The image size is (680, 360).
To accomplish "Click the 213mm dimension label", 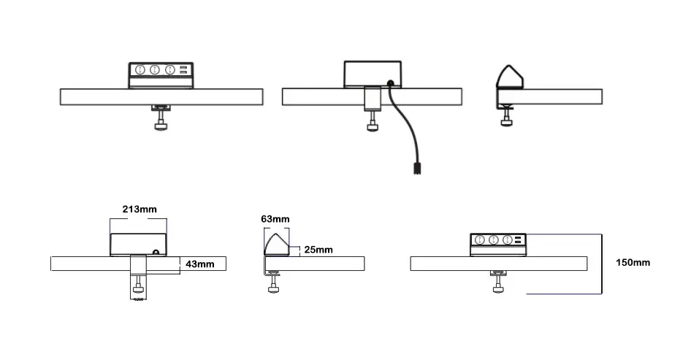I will [139, 210].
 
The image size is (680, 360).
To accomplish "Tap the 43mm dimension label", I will [199, 264].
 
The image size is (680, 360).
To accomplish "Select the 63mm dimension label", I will [275, 218].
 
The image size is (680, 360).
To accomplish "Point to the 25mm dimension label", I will [318, 250].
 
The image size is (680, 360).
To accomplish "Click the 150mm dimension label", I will [632, 262].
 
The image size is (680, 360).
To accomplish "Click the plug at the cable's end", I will [416, 169].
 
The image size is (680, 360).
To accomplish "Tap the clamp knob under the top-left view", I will [160, 126].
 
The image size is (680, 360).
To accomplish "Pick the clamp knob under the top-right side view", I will [506, 122].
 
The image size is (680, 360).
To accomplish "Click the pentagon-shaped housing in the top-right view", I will [509, 77].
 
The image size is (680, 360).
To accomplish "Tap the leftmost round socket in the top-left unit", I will [137, 70].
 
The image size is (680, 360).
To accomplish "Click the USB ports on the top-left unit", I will [183, 70].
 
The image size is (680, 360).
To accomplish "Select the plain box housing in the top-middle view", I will [372, 74].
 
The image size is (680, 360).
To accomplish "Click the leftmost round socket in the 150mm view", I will [480, 240].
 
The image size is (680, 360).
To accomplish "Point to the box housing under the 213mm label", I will [137, 243].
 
